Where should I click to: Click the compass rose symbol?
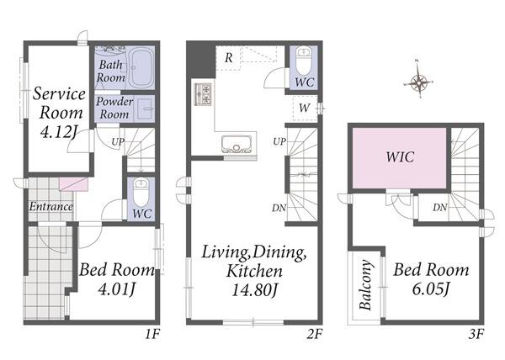tap(418, 82)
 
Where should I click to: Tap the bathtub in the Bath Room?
tap(141, 67)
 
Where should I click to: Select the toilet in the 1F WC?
tap(141, 193)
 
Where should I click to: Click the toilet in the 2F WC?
tap(303, 61)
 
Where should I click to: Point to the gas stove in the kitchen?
tap(203, 94)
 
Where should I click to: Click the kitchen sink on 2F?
tap(237, 144)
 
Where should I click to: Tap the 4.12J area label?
tap(59, 132)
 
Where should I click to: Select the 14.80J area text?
tap(254, 290)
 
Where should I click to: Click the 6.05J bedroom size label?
tap(431, 289)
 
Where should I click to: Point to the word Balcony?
tap(365, 285)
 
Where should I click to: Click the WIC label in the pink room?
tap(400, 156)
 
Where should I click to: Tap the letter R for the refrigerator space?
tap(229, 58)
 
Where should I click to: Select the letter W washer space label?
tap(305, 109)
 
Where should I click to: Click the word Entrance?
tap(51, 206)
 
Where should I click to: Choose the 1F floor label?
tap(152, 335)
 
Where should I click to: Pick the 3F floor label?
tap(476, 335)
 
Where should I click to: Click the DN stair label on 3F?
tap(440, 208)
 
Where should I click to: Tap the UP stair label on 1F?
tap(118, 141)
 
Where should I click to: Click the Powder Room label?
tap(114, 108)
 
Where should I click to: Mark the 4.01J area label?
tap(116, 289)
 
